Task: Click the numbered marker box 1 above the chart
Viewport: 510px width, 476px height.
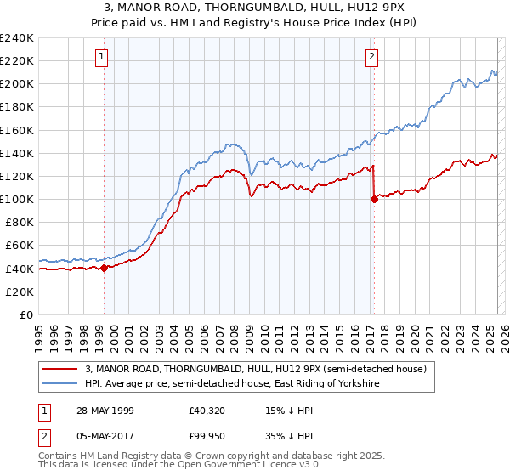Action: click(101, 57)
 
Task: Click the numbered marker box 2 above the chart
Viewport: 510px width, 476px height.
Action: click(372, 57)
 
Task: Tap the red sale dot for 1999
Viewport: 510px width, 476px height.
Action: click(104, 268)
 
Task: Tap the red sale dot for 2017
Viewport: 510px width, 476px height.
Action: click(374, 200)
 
